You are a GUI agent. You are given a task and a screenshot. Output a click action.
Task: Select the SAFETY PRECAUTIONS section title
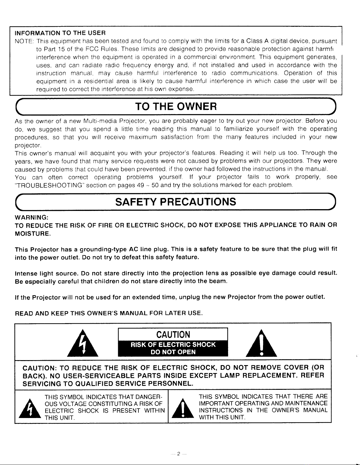[x=175, y=202]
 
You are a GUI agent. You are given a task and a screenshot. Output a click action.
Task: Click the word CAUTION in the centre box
[x=173, y=335]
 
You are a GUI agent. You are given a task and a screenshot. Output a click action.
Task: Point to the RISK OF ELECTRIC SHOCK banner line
[x=173, y=345]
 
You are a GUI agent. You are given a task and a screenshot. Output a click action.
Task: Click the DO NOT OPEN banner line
[x=173, y=352]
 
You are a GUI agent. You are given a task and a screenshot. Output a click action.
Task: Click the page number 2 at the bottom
[x=178, y=454]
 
